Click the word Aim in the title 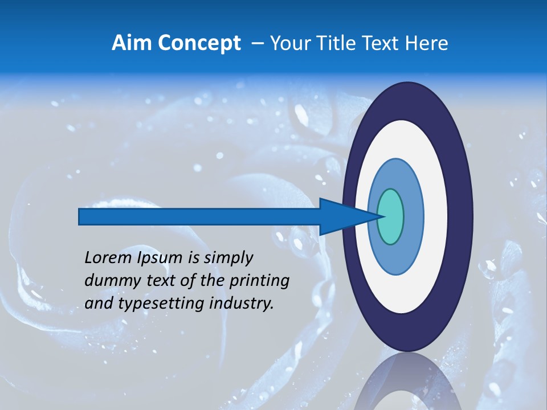pos(132,43)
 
